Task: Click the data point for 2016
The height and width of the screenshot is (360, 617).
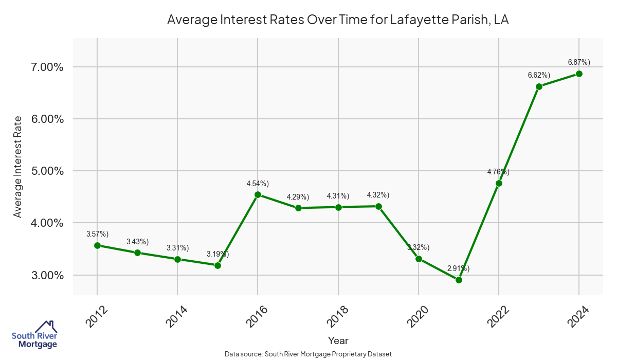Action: [x=258, y=195]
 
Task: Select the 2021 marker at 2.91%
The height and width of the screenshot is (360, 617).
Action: [x=459, y=280]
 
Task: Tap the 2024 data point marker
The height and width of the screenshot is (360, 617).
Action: [x=579, y=74]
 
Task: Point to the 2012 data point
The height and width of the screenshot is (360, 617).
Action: [x=97, y=245]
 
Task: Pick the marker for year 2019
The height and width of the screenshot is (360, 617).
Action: [x=378, y=206]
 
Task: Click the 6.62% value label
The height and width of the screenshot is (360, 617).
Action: [x=539, y=75]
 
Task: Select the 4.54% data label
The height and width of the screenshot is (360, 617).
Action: [x=258, y=183]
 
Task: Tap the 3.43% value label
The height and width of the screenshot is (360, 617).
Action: [x=137, y=241]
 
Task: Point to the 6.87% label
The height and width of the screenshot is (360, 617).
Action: [x=579, y=62]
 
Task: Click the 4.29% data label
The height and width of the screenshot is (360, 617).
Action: [x=298, y=196]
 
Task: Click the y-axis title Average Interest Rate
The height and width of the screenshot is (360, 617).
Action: [x=18, y=167]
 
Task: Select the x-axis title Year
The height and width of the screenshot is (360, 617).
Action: [x=338, y=340]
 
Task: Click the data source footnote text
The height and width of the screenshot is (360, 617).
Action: [x=308, y=354]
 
